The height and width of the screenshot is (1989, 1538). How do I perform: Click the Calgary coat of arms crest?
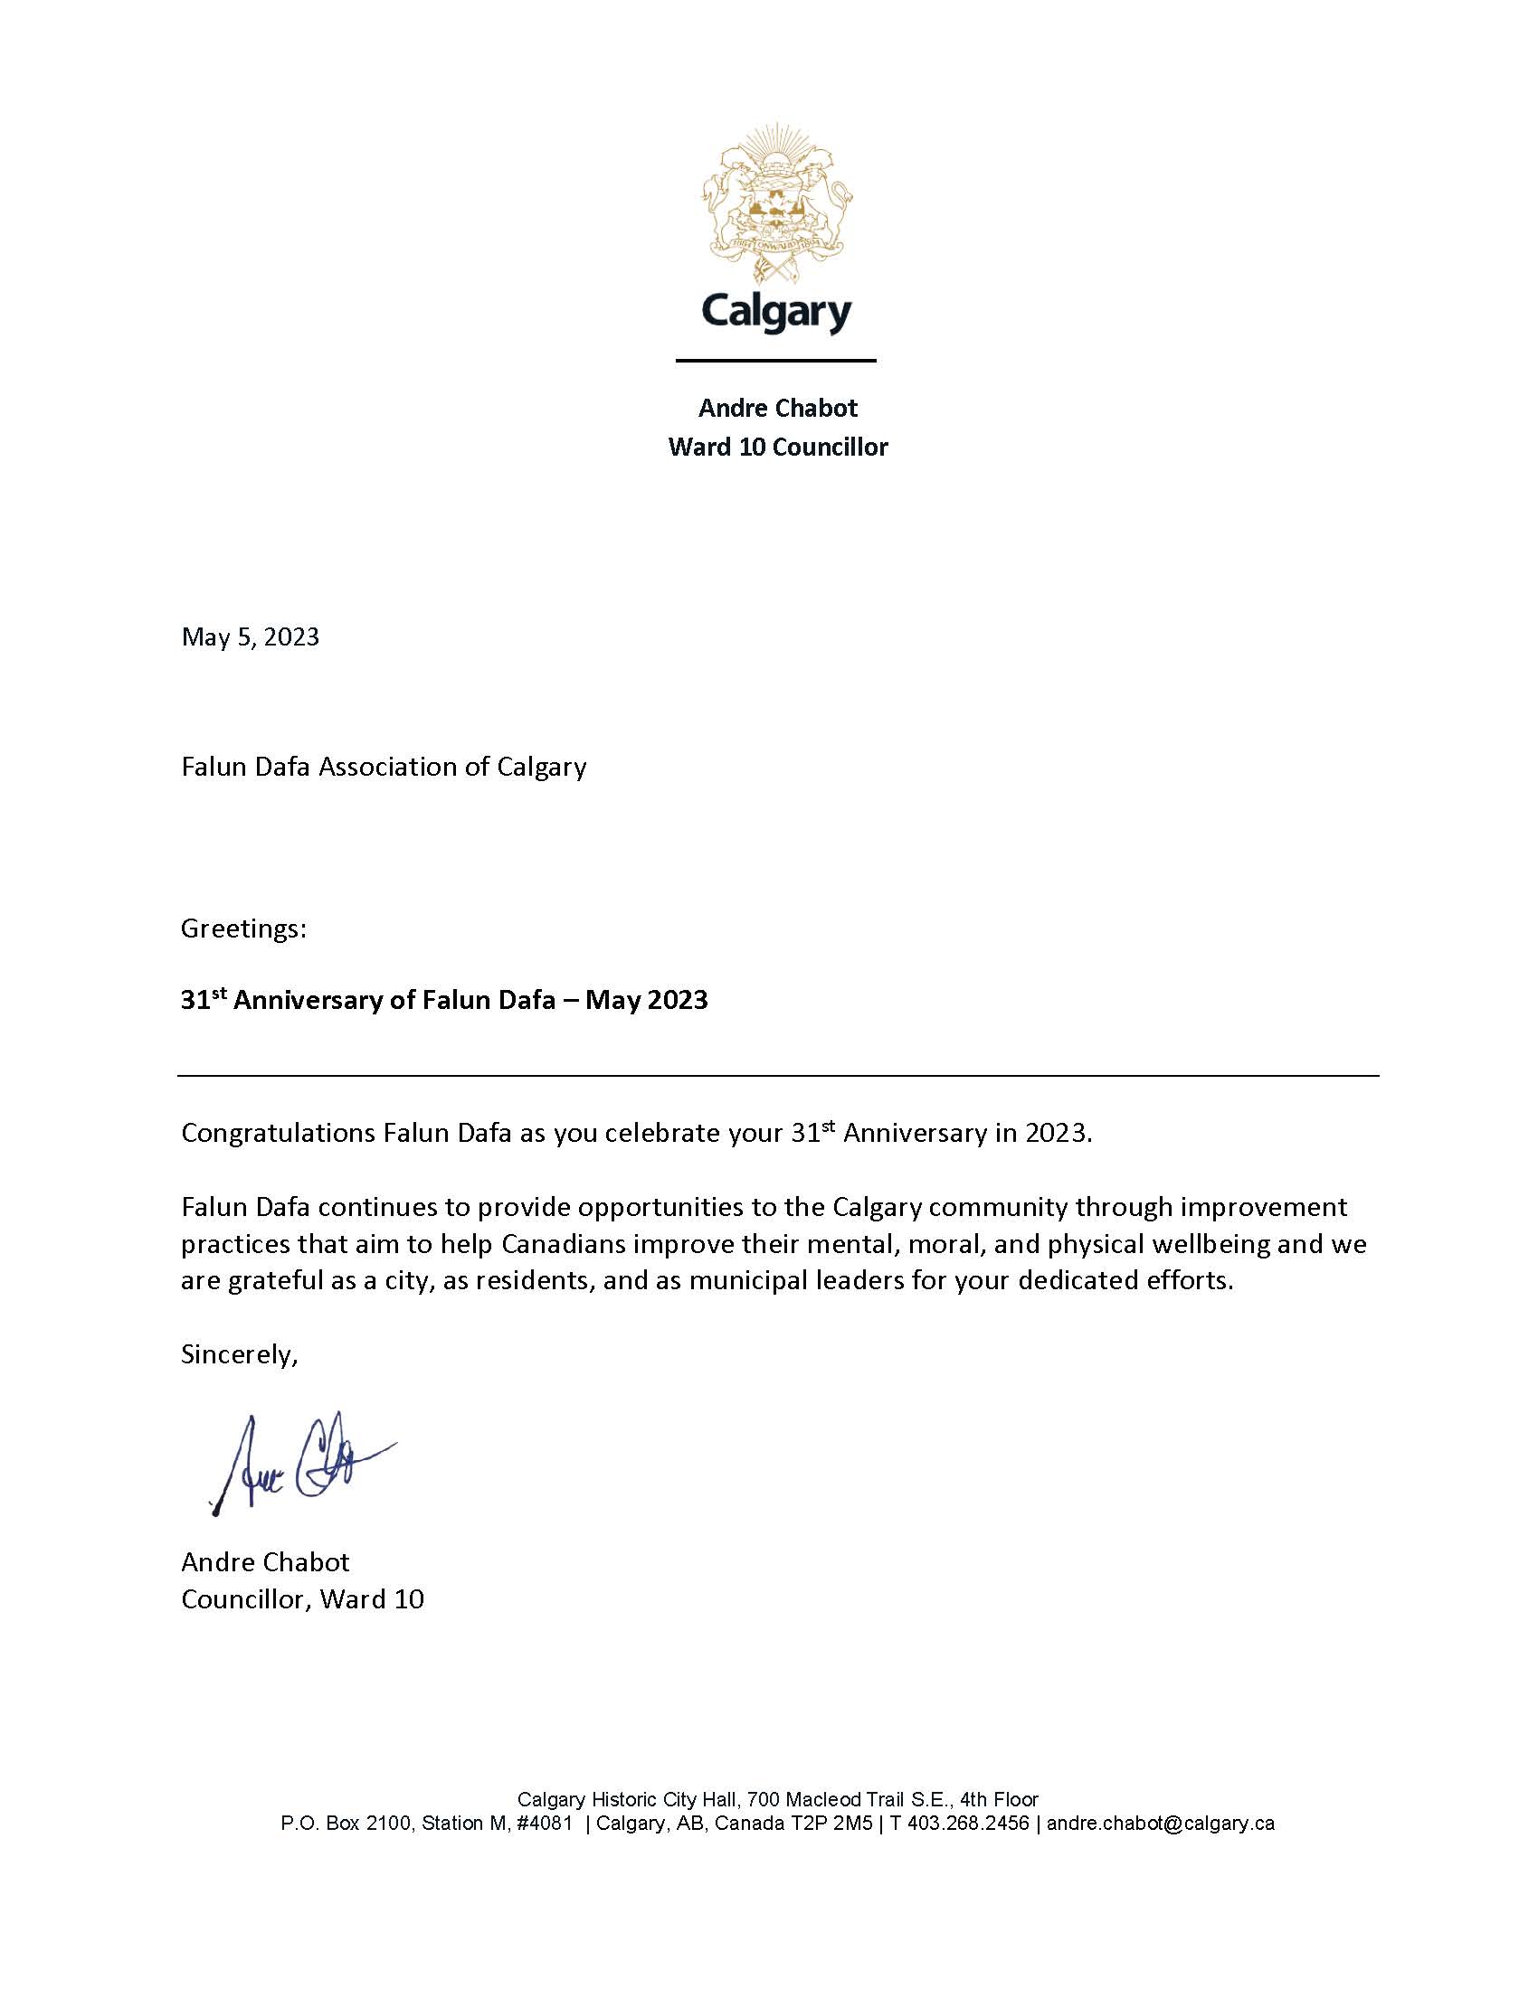(776, 204)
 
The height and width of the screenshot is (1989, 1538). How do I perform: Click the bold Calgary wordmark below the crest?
(776, 312)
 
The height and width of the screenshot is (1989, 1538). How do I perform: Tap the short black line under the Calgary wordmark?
(775, 361)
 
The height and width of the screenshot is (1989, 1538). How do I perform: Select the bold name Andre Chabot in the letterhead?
(777, 408)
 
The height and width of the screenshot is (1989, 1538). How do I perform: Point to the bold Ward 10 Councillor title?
(777, 448)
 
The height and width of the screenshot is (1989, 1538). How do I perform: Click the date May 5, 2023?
(251, 636)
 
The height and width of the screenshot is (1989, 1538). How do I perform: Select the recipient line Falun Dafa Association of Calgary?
(384, 767)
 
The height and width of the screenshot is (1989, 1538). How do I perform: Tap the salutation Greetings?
(243, 928)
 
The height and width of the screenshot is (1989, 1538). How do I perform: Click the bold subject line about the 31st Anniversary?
(443, 1000)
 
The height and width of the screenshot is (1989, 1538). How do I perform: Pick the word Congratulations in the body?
(278, 1133)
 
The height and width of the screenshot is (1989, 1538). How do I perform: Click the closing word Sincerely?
(239, 1354)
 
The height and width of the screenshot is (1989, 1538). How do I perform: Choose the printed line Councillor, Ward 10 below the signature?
(302, 1599)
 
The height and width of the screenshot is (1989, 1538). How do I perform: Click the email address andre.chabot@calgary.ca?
(1160, 1824)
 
